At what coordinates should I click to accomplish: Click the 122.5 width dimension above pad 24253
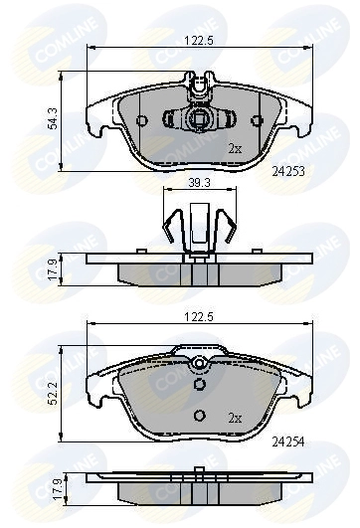tap(200, 41)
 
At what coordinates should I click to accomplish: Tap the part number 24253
tap(288, 171)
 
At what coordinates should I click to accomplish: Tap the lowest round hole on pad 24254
tap(200, 417)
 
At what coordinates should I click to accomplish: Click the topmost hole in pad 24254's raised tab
tap(200, 363)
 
